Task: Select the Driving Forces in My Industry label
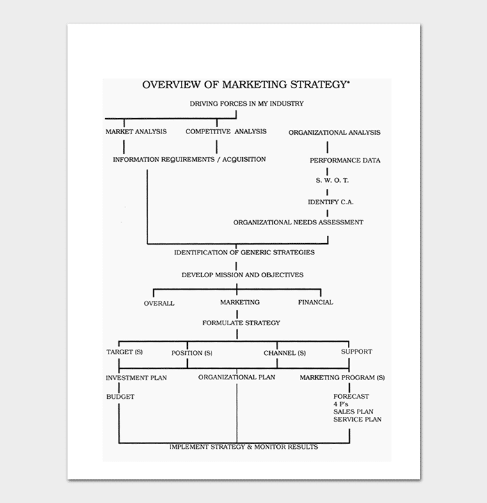coord(246,104)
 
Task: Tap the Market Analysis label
coord(136,131)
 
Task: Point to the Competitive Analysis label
coord(225,131)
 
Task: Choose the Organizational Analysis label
coord(334,132)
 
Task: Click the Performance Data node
coord(345,160)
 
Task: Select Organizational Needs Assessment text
coord(298,222)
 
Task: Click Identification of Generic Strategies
coord(243,252)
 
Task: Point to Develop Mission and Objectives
coord(242,274)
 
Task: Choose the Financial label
coord(315,302)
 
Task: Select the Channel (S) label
coord(285,353)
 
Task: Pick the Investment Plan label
coord(136,378)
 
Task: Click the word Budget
coord(120,397)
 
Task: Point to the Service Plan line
coord(357,419)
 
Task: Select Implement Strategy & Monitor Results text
coord(243,447)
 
